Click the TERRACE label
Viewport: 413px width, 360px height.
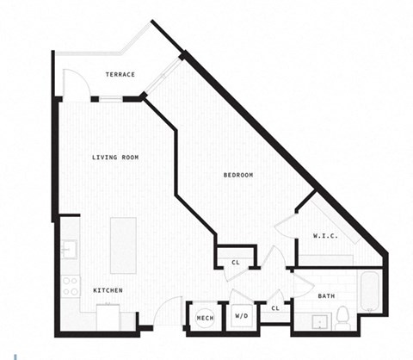tap(120, 75)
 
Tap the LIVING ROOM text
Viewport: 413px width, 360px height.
tap(116, 157)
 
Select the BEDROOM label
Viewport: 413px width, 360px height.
tap(238, 175)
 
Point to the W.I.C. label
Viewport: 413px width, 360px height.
tap(324, 235)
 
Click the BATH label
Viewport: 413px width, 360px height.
tap(326, 295)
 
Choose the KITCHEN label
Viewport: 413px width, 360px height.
tap(108, 290)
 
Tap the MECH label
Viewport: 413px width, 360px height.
tap(205, 318)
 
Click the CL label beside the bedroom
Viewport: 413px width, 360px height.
tap(236, 262)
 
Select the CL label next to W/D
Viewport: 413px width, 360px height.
tap(275, 307)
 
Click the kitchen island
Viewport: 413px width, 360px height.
tap(123, 245)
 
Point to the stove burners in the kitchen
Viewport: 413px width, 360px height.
tap(70, 284)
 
